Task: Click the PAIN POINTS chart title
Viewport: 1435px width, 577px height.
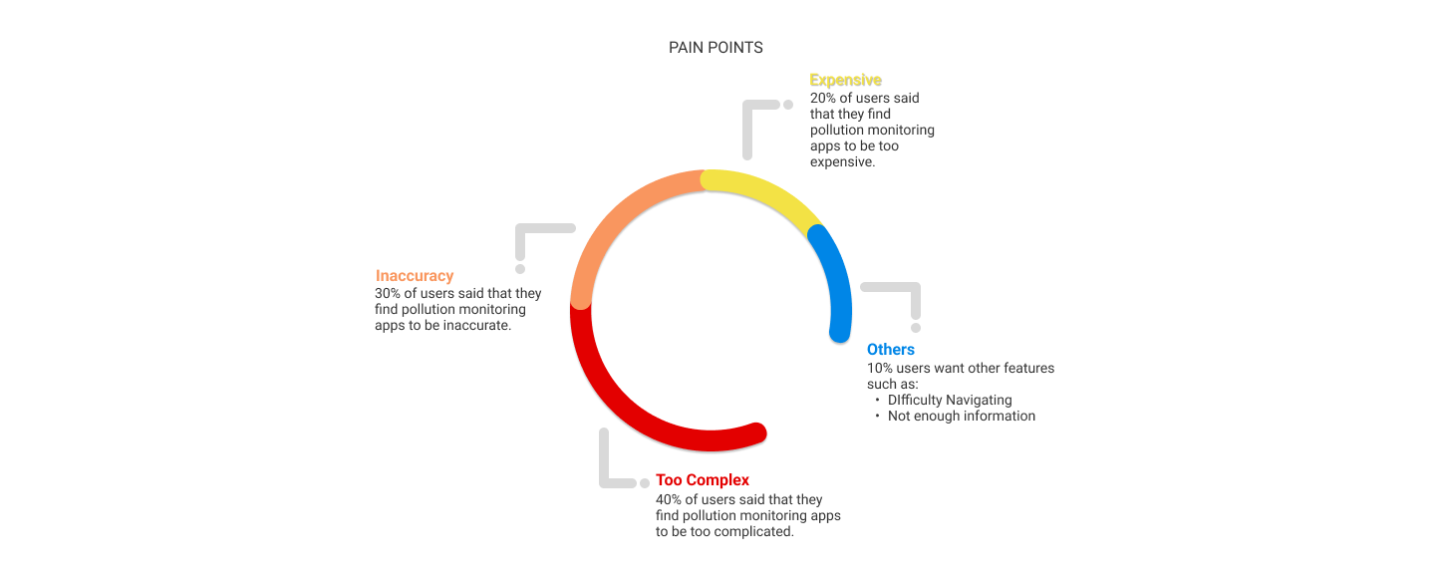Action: click(716, 48)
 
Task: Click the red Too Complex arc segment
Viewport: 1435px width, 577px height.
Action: click(638, 409)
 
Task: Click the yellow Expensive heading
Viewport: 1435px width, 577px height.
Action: click(845, 80)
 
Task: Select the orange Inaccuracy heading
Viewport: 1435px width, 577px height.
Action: click(415, 276)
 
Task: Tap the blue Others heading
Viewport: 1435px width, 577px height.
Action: click(890, 350)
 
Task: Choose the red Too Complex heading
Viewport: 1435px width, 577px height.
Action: click(702, 480)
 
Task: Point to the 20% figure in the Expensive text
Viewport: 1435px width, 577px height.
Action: click(824, 99)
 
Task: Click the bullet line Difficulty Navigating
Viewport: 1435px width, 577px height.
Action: click(950, 401)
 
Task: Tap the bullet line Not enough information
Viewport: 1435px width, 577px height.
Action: click(962, 417)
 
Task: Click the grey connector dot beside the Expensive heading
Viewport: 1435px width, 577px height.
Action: click(787, 105)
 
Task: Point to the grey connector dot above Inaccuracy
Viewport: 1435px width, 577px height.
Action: click(520, 268)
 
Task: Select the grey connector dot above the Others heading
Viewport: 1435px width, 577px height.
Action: click(916, 327)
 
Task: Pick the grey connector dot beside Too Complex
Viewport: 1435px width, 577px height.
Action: click(644, 483)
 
